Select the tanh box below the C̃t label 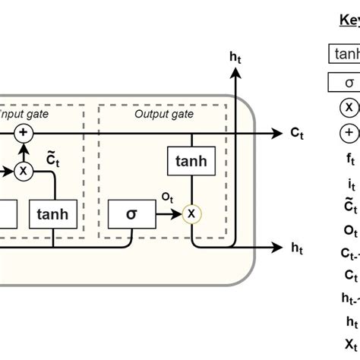[x=53, y=214]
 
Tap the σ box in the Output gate [x=131, y=214]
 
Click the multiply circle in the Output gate [x=191, y=214]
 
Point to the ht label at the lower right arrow [x=297, y=248]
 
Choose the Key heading [x=349, y=21]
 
